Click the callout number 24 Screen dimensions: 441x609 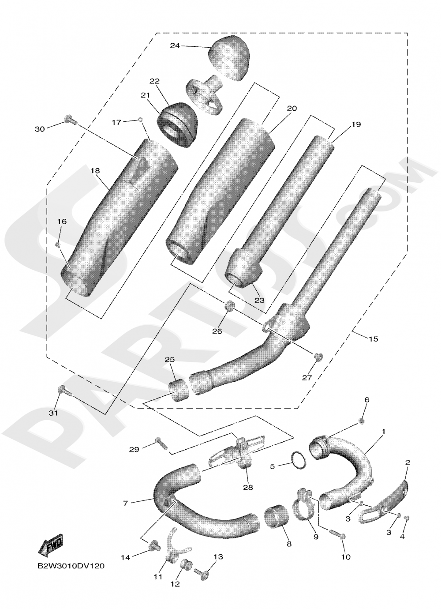[x=175, y=45]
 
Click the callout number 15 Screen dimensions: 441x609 [x=374, y=339]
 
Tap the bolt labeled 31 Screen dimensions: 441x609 [x=64, y=391]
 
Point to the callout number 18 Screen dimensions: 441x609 [x=95, y=171]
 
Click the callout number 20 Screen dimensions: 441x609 [x=292, y=109]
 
